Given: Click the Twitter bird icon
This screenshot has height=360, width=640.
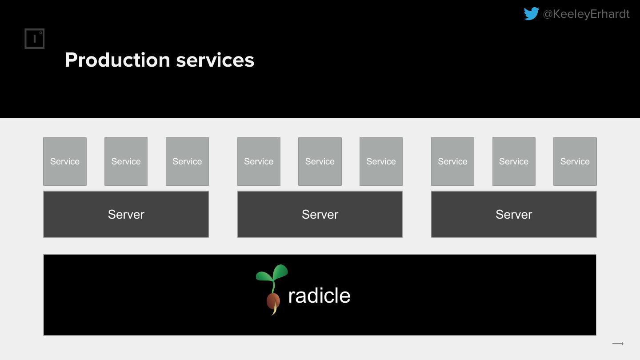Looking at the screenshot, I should click(x=531, y=14).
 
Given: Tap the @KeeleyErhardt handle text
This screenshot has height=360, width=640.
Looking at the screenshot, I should click(x=586, y=14).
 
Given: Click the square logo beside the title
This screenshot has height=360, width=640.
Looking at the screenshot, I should click(x=35, y=39).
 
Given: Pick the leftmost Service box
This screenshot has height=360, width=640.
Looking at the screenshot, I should click(x=65, y=161).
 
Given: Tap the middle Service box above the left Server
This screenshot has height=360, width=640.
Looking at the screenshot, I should click(x=126, y=161).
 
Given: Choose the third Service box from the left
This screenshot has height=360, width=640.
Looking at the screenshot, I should click(x=187, y=161).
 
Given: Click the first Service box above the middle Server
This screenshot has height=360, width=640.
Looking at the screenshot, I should click(x=259, y=161).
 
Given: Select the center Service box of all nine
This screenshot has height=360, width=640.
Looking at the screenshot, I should click(x=320, y=161).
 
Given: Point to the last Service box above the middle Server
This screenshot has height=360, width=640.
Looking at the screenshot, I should click(x=381, y=161).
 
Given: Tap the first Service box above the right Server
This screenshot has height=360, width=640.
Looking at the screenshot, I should click(x=452, y=161).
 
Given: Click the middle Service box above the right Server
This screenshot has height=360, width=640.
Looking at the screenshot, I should click(x=514, y=161).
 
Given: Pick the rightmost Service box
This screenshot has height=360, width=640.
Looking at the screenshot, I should click(x=575, y=161).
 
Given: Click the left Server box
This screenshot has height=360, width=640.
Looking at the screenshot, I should click(x=126, y=214).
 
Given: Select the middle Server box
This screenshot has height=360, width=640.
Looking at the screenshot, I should click(x=320, y=214).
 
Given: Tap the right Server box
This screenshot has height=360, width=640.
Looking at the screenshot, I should click(x=514, y=214).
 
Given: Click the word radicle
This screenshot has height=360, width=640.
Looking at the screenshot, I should click(x=319, y=296).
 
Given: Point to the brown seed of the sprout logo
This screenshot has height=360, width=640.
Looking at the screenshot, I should click(x=273, y=301).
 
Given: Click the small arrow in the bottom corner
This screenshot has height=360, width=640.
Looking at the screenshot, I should click(x=618, y=344).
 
